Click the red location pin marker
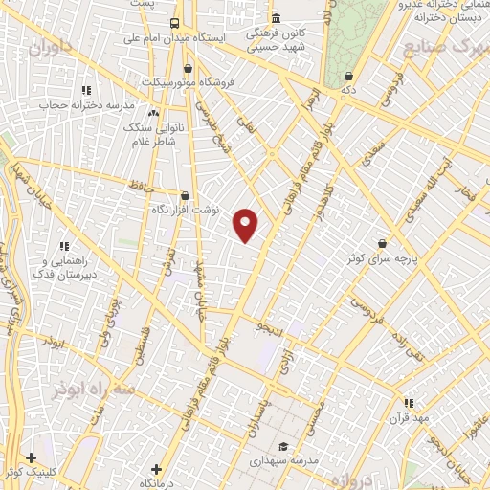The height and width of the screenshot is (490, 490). click(247, 225)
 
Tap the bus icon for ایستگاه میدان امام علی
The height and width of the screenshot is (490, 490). click(174, 23)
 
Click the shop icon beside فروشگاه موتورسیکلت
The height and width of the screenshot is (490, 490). click(187, 68)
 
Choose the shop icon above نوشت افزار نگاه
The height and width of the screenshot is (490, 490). click(185, 195)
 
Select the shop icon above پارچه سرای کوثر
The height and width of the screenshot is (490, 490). click(383, 243)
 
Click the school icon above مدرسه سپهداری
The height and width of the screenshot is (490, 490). click(283, 447)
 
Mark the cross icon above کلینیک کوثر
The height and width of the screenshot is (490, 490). click(32, 457)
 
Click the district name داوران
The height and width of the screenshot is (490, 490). click(50, 49)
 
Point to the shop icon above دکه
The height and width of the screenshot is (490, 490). click(347, 75)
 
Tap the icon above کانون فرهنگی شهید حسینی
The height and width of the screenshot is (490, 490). click(276, 18)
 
